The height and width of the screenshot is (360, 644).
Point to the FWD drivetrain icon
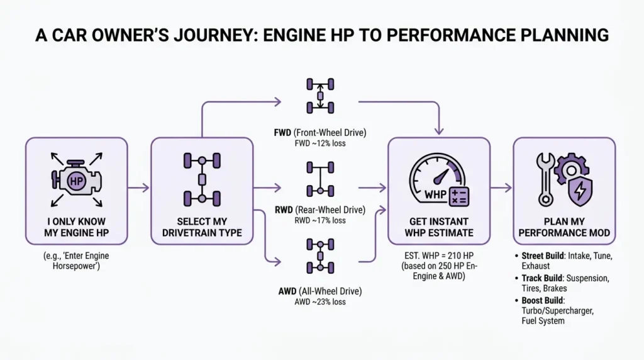[x=320, y=94]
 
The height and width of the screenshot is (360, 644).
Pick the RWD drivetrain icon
[x=320, y=179]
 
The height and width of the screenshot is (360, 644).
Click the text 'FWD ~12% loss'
[x=320, y=143]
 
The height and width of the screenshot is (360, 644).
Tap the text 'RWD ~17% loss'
[x=320, y=221]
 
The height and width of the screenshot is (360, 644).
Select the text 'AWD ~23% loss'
[x=320, y=302]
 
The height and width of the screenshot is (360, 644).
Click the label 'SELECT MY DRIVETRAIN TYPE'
[x=201, y=227]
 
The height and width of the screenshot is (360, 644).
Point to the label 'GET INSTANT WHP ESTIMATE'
[x=438, y=227]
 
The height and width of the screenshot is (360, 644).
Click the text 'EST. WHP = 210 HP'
[x=438, y=256]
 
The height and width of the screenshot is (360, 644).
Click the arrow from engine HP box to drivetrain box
[x=139, y=188]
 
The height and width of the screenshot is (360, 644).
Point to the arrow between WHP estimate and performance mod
[x=501, y=188]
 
